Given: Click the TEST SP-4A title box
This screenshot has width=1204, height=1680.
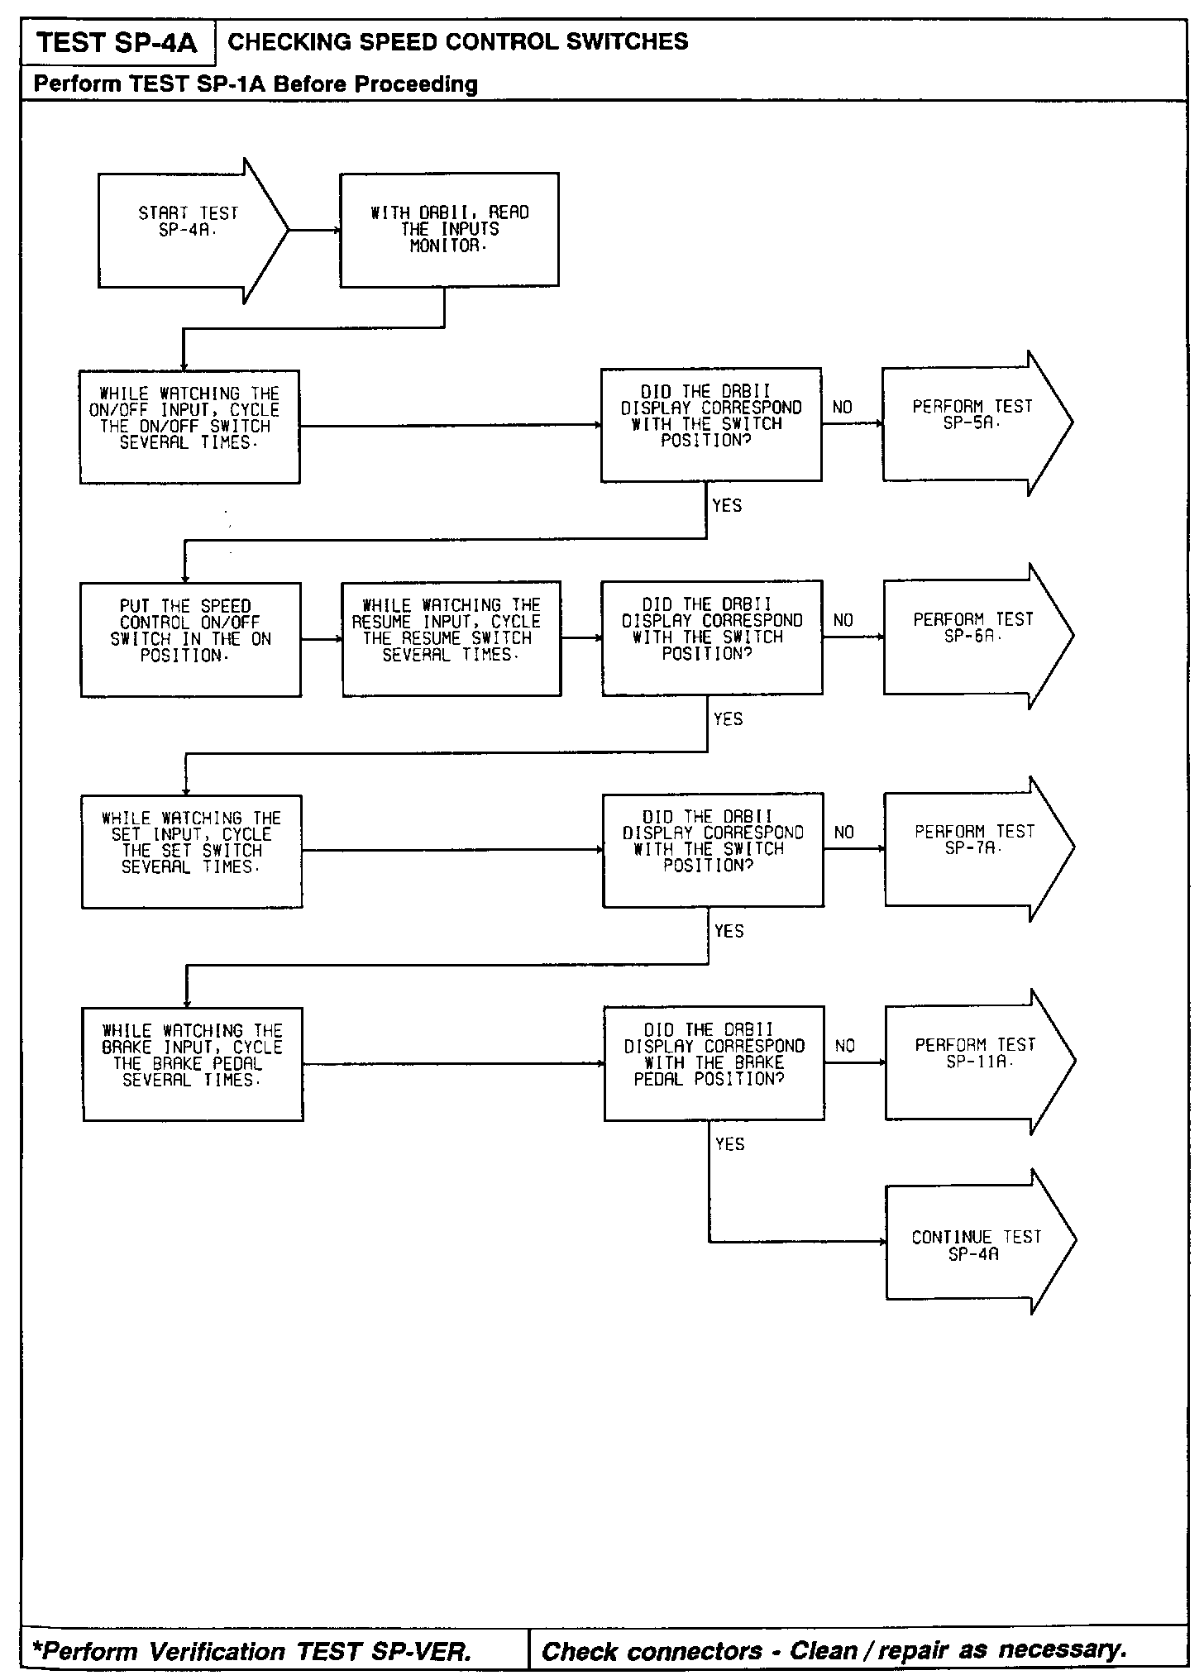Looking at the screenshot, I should coord(117,43).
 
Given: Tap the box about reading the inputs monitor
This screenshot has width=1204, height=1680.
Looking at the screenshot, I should coord(449,230).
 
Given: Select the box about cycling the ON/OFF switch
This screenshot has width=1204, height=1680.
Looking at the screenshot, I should coord(189,427).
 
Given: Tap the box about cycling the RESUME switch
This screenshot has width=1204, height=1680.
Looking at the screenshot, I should coord(451,639).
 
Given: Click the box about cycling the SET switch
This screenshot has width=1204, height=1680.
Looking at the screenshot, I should coord(192,852).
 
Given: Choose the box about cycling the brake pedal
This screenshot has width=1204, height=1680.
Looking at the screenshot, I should coord(193,1064).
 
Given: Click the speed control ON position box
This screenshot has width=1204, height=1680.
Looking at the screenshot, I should coord(190,640).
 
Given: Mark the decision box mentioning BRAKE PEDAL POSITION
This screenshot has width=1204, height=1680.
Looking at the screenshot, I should coord(714,1063).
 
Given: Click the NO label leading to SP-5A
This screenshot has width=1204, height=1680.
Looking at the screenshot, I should coord(843,408).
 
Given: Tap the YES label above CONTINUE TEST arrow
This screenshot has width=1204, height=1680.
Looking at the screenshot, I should coord(730,1144).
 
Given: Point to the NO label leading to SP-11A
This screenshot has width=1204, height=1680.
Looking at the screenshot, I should coord(845,1046).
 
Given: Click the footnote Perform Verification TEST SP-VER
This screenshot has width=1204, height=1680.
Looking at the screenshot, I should coord(251,1651).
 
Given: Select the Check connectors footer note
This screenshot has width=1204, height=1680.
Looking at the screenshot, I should coord(834,1651).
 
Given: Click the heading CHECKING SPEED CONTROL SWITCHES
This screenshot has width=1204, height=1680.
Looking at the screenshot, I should coord(457,42).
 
